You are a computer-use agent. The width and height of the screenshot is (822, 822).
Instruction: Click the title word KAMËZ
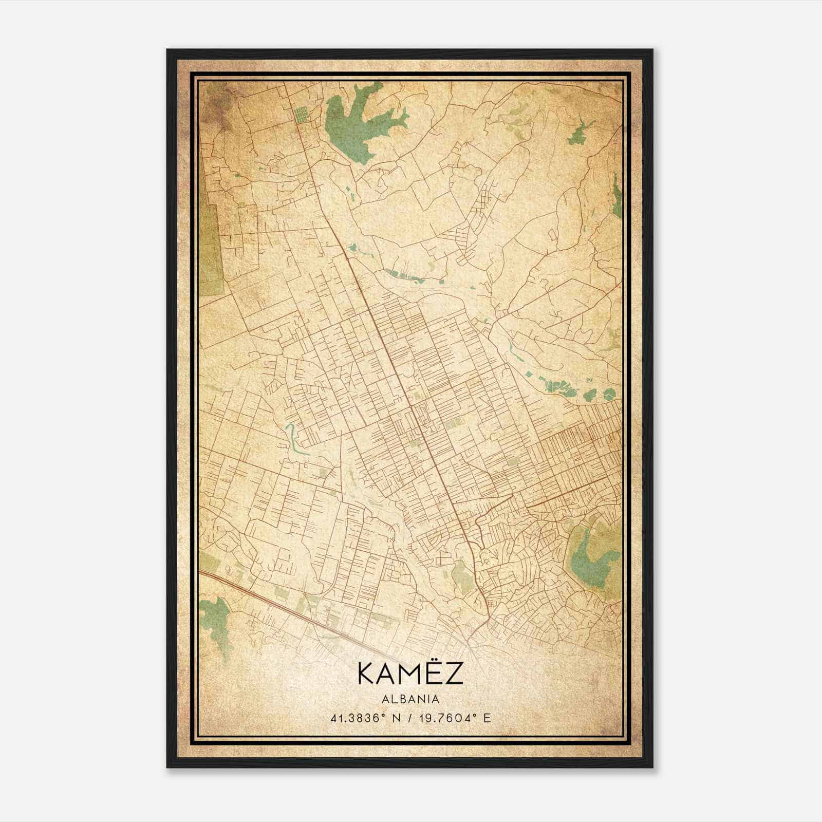(x=410, y=674)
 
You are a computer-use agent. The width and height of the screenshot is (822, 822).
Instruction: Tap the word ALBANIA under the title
(x=410, y=699)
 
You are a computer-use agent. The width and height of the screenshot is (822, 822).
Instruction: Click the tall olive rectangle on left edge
(x=211, y=247)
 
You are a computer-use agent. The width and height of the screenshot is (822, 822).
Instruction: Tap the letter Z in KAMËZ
(x=452, y=674)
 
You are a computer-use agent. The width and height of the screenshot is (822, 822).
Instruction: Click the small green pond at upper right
(x=579, y=133)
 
